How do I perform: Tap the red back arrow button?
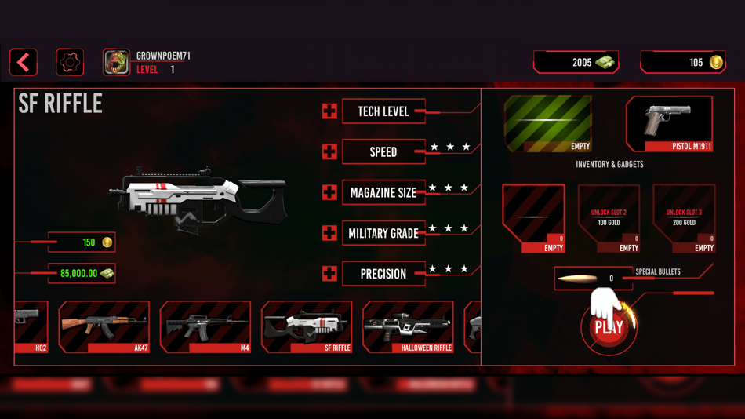(x=24, y=63)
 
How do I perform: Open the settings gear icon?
(x=70, y=63)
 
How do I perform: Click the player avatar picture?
(x=116, y=63)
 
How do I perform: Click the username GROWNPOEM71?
(x=163, y=56)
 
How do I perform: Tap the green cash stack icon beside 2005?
(x=605, y=63)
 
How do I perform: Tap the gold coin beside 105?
(x=716, y=63)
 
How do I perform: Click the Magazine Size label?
(x=383, y=192)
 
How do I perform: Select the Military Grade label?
(x=383, y=233)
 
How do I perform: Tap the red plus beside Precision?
(x=329, y=274)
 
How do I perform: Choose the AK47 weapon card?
(x=104, y=327)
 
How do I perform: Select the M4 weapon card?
(x=205, y=327)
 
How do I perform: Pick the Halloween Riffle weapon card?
(x=408, y=327)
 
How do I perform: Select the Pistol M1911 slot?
(x=669, y=123)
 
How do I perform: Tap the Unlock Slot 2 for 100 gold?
(x=609, y=218)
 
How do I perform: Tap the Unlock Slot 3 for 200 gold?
(x=684, y=218)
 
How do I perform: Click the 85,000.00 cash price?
(x=80, y=274)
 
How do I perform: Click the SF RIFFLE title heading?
(x=60, y=104)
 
